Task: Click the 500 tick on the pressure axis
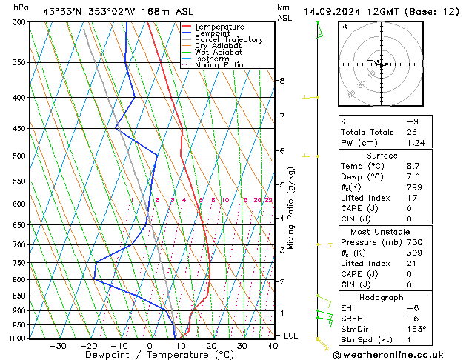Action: pos(20,156)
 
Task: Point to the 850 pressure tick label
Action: pos(20,296)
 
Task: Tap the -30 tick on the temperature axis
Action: pos(58,346)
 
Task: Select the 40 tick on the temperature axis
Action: pos(273,346)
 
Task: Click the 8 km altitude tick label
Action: pos(282,80)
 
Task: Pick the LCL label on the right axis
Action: pos(292,336)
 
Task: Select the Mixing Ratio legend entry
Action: pos(219,65)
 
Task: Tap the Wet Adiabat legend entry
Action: pos(218,53)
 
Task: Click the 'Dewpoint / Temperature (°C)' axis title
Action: pos(148,356)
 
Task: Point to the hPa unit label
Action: pos(21,7)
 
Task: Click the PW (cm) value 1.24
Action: pos(416,142)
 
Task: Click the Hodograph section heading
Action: pos(382,297)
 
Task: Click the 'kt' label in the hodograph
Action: pos(344,27)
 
